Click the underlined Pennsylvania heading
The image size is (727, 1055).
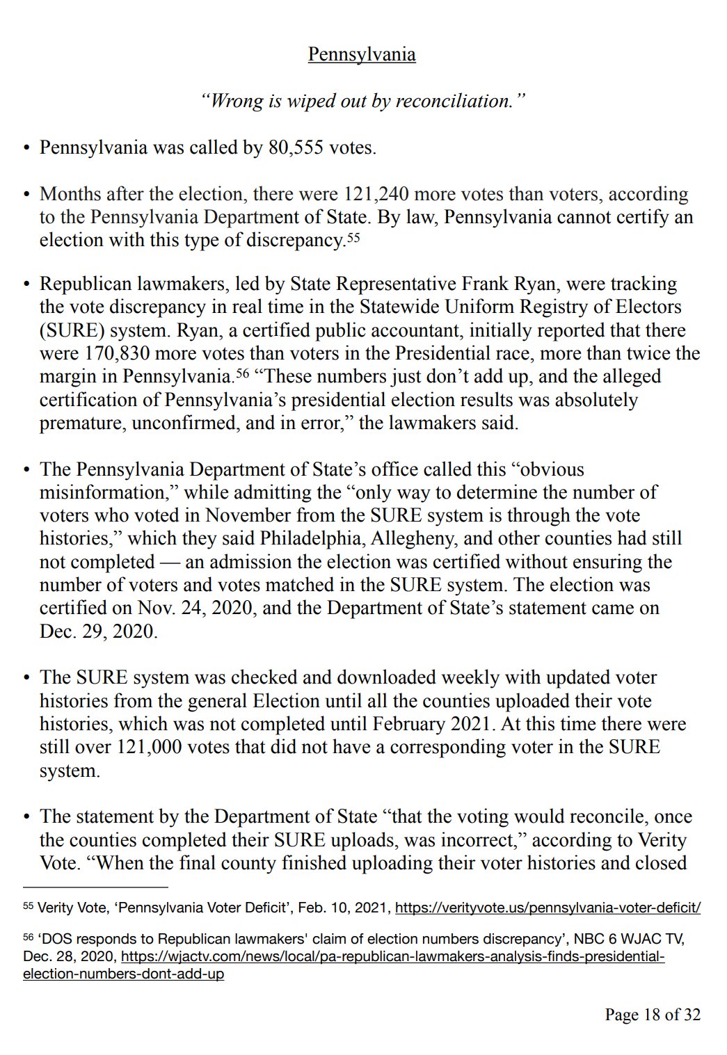pyautogui.click(x=362, y=54)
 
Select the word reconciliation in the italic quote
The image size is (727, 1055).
pyautogui.click(x=454, y=101)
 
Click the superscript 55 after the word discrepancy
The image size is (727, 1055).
pyautogui.click(x=353, y=238)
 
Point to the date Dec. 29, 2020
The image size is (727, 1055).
pyautogui.click(x=98, y=631)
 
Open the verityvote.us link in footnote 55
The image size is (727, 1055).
pyautogui.click(x=548, y=908)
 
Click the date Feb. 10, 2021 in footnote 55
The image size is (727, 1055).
pyautogui.click(x=350, y=908)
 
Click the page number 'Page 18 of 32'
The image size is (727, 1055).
pyautogui.click(x=653, y=1015)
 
